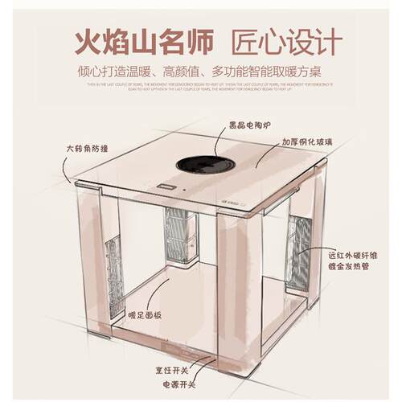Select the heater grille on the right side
click(301, 249)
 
